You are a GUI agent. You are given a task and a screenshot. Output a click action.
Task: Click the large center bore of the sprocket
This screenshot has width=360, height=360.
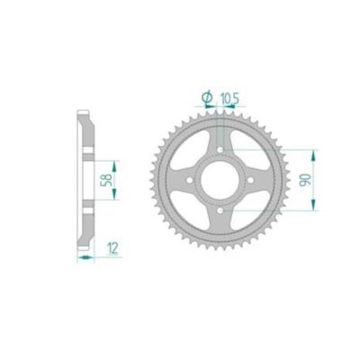219,178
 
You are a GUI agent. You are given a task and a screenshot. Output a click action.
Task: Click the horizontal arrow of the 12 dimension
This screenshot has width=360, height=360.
85,256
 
